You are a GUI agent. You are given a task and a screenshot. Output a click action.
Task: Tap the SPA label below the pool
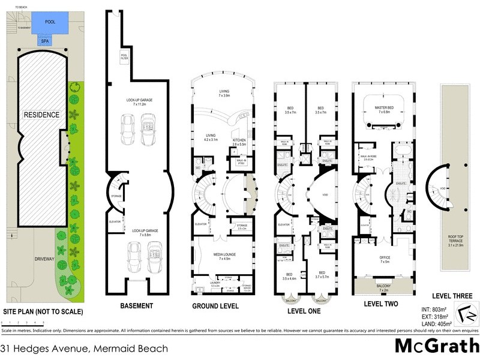(45, 41)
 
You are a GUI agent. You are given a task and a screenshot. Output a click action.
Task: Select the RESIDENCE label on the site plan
(42, 115)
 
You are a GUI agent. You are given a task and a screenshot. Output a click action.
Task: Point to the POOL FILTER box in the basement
(124, 57)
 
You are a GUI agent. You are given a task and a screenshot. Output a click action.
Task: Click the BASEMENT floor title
(136, 306)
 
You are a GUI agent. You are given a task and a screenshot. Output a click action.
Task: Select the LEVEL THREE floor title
(452, 296)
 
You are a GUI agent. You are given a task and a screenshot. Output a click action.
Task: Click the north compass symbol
(466, 314)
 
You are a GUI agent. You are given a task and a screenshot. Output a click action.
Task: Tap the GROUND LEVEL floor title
(215, 306)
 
